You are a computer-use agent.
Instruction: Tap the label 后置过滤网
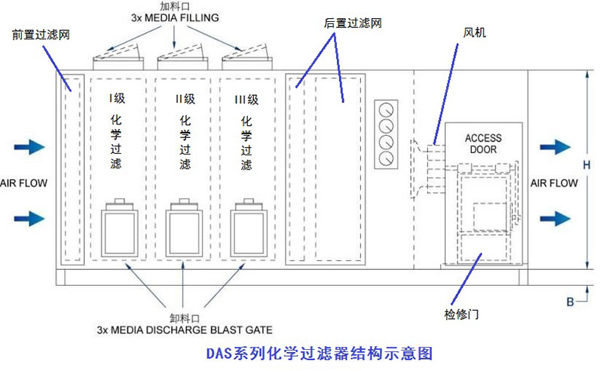point(353,23)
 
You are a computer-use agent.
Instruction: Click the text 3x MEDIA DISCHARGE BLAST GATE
point(185,330)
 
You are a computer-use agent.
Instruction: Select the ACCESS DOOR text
point(482,143)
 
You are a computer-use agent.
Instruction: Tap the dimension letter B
point(570,302)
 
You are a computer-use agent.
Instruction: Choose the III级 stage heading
point(246,99)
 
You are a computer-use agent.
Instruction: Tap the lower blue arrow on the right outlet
point(555,218)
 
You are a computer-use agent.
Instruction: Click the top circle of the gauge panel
point(387,107)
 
